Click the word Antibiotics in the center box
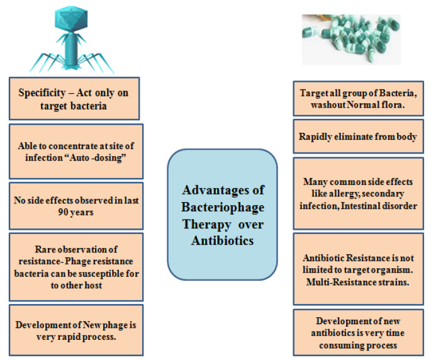point(223,240)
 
